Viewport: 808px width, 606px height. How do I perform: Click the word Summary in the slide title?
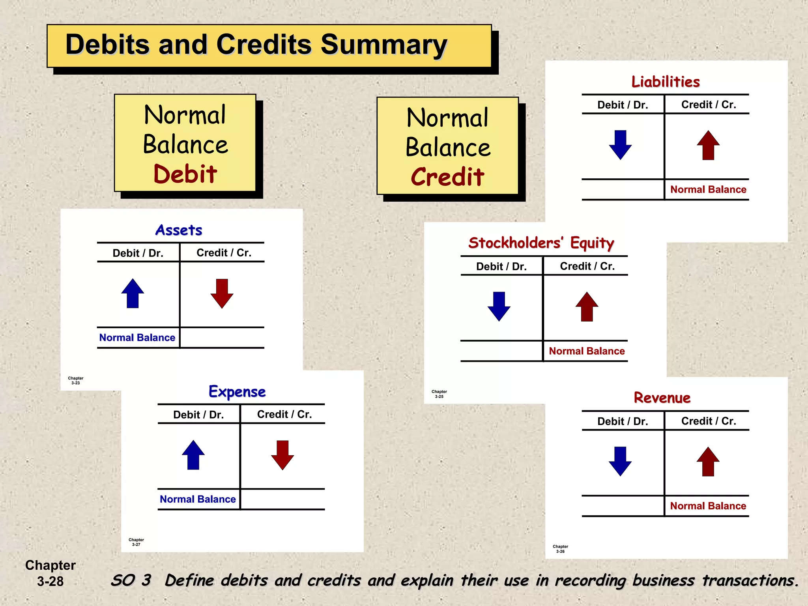point(383,45)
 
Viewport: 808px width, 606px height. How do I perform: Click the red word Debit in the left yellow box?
point(185,174)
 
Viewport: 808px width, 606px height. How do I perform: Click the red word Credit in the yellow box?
point(447,177)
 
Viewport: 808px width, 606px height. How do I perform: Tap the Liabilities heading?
point(666,82)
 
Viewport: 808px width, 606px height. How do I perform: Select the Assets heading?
point(179,230)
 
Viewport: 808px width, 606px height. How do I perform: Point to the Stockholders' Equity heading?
point(541,243)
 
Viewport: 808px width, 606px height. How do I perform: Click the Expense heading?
point(237,392)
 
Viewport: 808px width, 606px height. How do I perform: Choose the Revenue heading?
point(662,398)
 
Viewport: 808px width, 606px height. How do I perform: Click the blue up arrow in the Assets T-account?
point(133,294)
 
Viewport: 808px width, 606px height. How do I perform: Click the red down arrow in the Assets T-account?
point(222,294)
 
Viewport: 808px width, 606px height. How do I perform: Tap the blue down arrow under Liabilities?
point(620,145)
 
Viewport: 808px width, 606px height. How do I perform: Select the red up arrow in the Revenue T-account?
point(708,461)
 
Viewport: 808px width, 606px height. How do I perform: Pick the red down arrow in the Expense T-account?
point(282,455)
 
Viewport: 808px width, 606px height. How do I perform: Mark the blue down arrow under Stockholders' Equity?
point(499,307)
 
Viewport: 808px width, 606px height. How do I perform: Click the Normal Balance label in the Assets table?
point(137,338)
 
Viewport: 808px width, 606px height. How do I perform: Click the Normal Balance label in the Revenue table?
point(708,506)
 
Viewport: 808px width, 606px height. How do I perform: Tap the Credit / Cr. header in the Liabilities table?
point(709,105)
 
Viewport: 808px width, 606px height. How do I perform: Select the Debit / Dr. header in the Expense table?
point(198,415)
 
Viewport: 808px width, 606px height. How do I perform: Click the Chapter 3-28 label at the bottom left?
point(50,573)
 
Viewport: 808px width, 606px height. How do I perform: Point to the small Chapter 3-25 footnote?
point(439,394)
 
